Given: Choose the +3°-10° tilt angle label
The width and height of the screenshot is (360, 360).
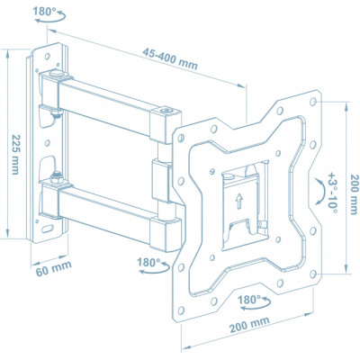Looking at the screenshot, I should (332, 189).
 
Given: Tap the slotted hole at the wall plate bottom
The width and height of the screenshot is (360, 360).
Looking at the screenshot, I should (56, 230).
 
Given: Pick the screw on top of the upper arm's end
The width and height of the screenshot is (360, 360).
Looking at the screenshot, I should (166, 112).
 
